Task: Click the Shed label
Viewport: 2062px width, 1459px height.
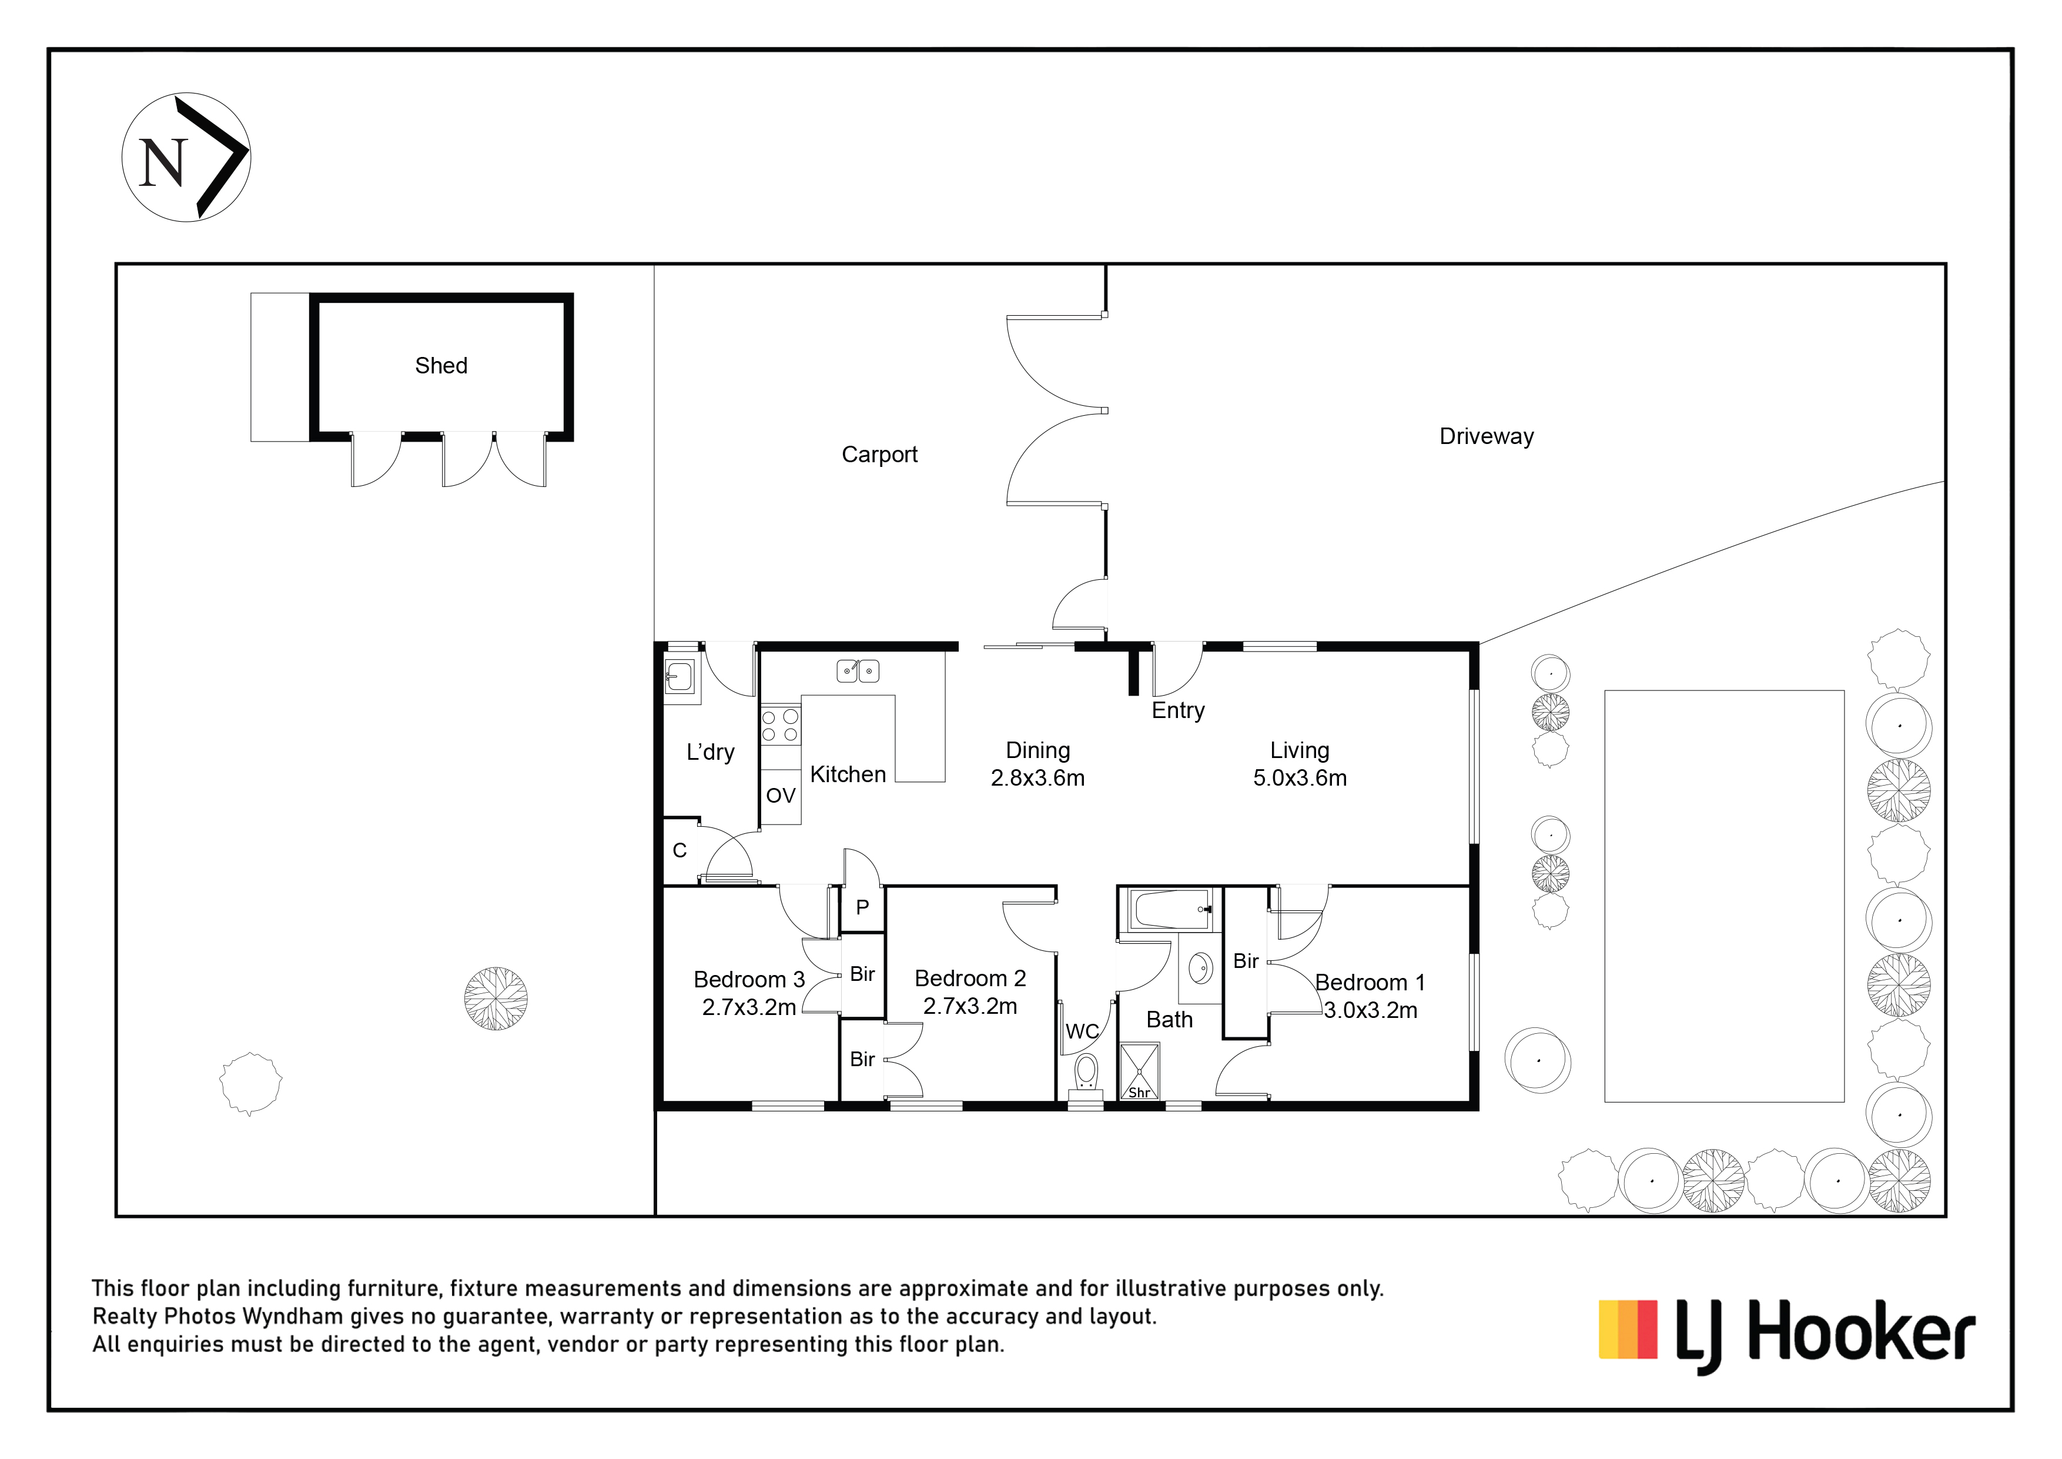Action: click(441, 366)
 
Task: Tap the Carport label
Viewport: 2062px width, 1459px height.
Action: click(879, 455)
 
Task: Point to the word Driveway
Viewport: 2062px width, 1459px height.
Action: click(1487, 436)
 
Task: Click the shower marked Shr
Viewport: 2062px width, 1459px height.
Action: click(1140, 1071)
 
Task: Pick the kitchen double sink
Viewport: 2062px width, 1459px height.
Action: click(858, 671)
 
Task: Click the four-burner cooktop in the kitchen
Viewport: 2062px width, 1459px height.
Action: click(781, 726)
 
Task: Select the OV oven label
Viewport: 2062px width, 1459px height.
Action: click(781, 795)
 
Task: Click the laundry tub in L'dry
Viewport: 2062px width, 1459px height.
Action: click(679, 676)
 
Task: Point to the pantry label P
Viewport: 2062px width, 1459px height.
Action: click(862, 907)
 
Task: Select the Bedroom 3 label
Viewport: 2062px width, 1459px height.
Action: click(749, 979)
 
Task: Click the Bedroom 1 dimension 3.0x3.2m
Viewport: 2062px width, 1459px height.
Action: click(1371, 1011)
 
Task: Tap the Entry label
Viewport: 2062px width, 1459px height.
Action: click(1179, 710)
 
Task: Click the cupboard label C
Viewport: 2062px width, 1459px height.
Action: click(680, 851)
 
